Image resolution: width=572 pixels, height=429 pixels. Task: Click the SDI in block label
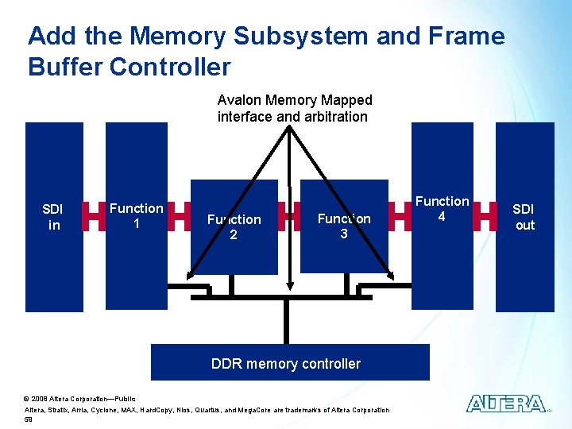click(x=52, y=217)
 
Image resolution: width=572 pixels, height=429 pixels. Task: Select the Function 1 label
click(x=136, y=216)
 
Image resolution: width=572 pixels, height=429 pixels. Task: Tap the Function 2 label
click(x=234, y=226)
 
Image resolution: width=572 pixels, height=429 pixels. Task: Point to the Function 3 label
click(x=343, y=226)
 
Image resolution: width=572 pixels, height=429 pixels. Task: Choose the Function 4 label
click(x=443, y=209)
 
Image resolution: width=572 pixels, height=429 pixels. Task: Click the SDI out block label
click(x=524, y=217)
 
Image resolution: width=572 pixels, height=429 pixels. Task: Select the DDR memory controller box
click(x=290, y=363)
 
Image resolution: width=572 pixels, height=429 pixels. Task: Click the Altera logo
click(x=505, y=404)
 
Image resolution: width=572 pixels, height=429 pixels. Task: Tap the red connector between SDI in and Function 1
click(x=95, y=215)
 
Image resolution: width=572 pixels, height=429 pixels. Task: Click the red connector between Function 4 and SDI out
click(x=485, y=215)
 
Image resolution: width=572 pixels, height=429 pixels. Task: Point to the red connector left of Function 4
click(x=400, y=215)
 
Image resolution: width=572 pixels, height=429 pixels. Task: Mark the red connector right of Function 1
click(x=179, y=215)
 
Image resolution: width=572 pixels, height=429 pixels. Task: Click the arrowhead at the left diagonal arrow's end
click(x=188, y=275)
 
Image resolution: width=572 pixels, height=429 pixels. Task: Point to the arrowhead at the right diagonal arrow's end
click(x=391, y=275)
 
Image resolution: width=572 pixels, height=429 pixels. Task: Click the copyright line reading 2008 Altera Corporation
click(x=79, y=398)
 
